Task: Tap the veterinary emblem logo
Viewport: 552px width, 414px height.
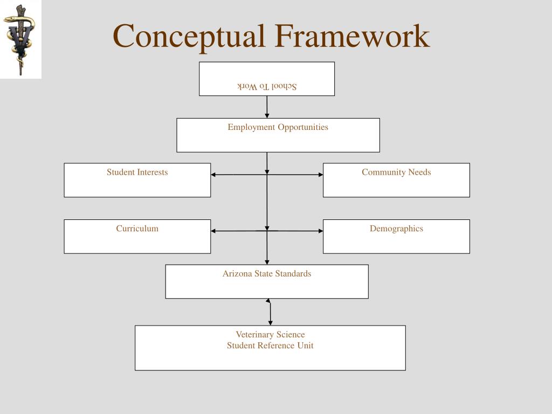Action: click(20, 39)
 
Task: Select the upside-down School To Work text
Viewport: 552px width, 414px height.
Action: click(267, 86)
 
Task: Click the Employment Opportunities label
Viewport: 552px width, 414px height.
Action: click(278, 127)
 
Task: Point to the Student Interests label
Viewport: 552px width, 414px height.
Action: click(137, 172)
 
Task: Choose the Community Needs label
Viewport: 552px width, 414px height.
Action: click(396, 172)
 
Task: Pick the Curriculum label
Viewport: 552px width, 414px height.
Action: click(137, 229)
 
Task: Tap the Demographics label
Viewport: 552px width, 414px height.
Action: click(396, 229)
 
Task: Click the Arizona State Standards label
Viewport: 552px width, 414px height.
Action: click(267, 274)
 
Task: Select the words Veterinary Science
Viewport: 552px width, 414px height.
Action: click(270, 335)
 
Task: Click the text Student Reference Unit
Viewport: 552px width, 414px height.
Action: click(270, 346)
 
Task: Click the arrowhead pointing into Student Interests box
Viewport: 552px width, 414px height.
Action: click(213, 175)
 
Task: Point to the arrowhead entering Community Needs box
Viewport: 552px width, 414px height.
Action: click(320, 175)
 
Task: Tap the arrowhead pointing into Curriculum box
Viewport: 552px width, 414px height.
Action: click(213, 231)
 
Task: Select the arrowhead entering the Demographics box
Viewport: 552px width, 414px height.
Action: click(320, 231)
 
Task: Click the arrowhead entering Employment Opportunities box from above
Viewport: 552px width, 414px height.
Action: click(267, 115)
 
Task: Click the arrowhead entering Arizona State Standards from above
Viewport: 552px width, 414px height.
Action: click(267, 262)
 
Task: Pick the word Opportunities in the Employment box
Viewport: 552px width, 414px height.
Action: click(302, 127)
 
